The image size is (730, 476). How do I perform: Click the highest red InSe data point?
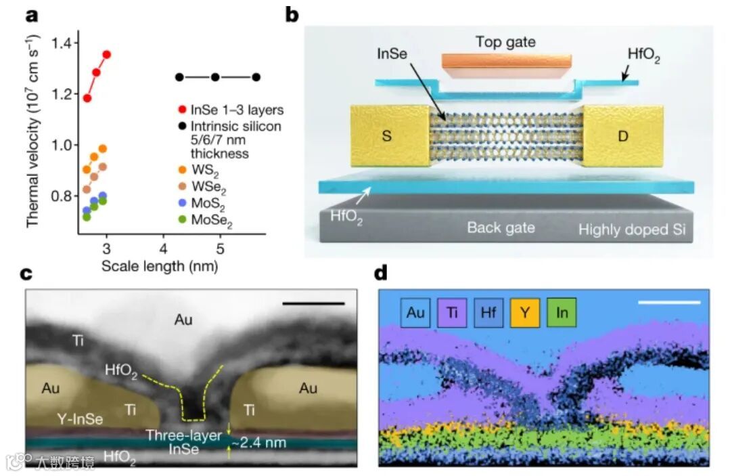(x=106, y=54)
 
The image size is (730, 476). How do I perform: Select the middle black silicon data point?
(x=215, y=77)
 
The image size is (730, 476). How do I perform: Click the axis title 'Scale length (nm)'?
(x=160, y=266)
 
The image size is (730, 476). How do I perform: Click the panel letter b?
(x=292, y=13)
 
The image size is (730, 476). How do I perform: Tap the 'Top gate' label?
(x=505, y=42)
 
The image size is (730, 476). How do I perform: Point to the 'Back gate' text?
(x=501, y=228)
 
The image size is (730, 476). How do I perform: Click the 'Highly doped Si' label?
(x=631, y=230)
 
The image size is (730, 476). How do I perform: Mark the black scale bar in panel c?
(x=313, y=303)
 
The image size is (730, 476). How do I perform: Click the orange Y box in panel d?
(x=525, y=313)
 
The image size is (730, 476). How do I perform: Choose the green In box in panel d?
(x=561, y=313)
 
